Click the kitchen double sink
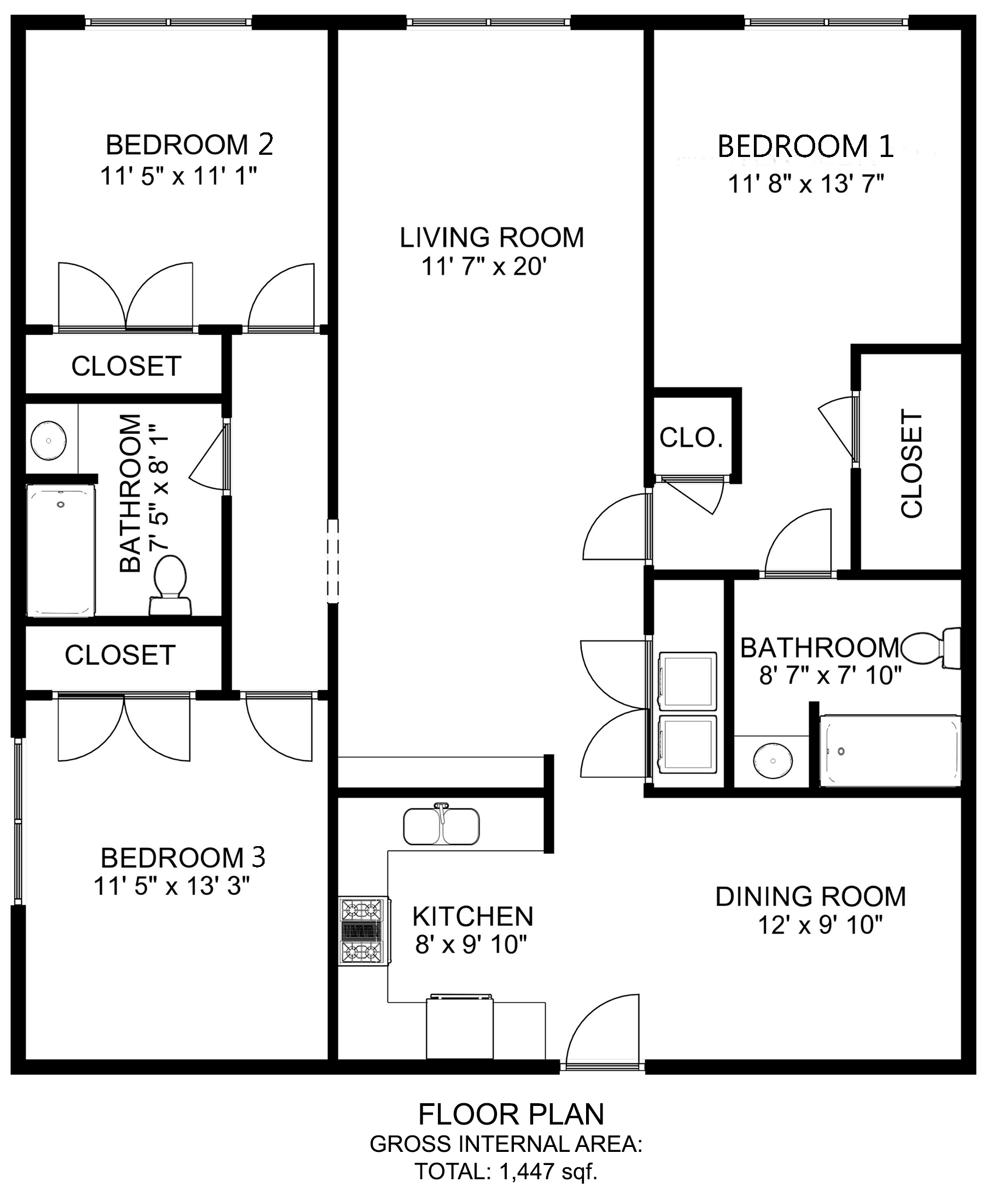coord(441,825)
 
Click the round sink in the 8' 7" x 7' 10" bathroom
coord(773,761)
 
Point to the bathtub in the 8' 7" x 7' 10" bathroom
coord(889,751)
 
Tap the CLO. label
coord(690,438)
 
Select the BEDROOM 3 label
coord(183,858)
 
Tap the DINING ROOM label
coord(810,896)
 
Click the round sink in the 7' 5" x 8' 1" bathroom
coord(48,441)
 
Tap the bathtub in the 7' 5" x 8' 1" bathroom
coord(61,550)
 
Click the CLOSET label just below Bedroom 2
coord(126,365)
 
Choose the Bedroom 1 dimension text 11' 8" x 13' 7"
coord(805,184)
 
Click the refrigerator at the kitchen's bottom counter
coord(459,1028)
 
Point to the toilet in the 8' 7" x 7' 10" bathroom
coord(932,648)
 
